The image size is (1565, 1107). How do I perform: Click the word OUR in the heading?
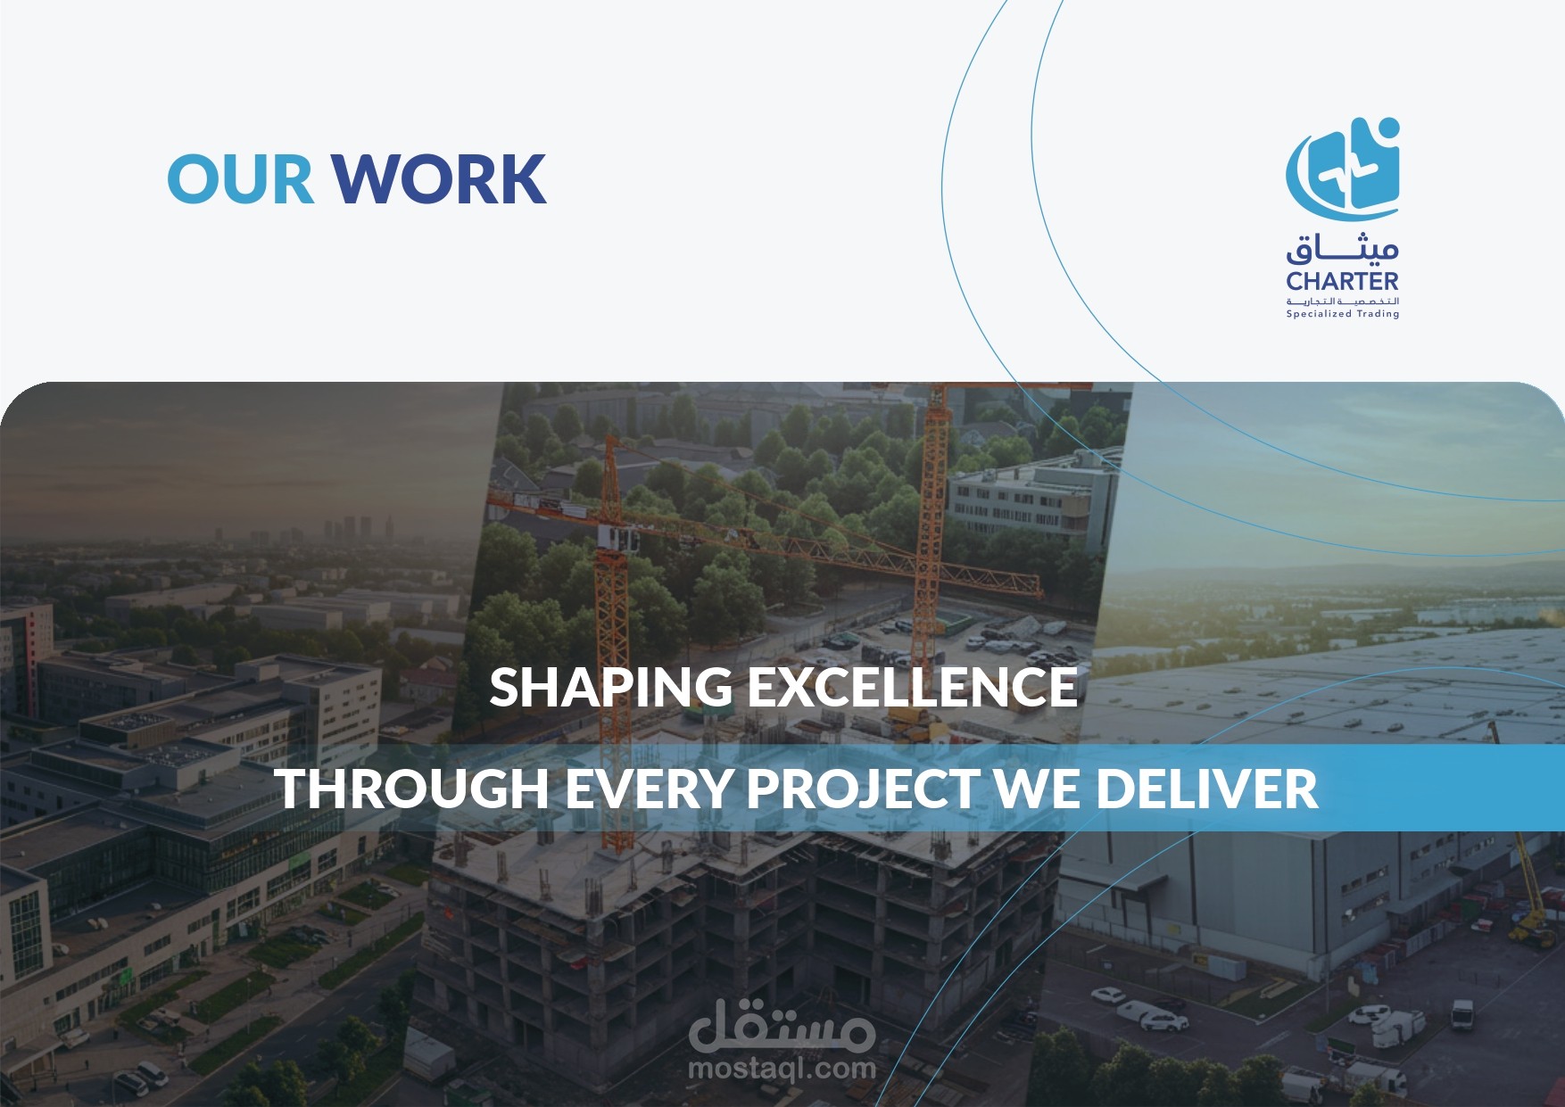[241, 178]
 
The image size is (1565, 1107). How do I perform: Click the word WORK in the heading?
[440, 178]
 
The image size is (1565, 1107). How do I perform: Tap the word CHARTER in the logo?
[1342, 281]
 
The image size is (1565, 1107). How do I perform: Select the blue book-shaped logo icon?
[1343, 169]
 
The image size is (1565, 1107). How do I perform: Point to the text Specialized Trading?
[1342, 314]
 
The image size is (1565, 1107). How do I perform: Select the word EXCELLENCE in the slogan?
[912, 687]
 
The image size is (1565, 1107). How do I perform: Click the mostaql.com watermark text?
[782, 1068]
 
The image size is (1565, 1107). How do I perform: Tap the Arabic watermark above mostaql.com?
[782, 1026]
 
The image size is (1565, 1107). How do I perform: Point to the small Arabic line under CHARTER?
[1342, 302]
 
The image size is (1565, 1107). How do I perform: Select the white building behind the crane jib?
[1031, 496]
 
